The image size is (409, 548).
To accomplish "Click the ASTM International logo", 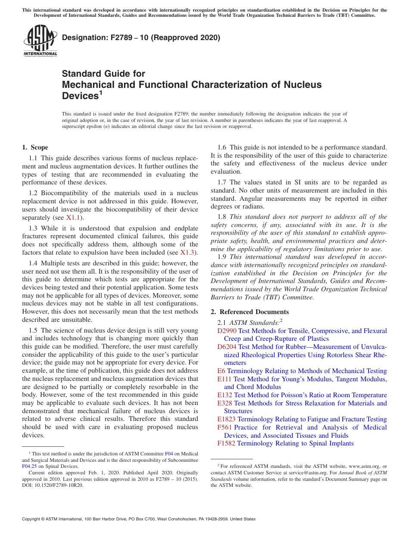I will pyautogui.click(x=40, y=41).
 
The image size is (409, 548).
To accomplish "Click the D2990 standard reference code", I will pyautogui.click(x=227, y=331).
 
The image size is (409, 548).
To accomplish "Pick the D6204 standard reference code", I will pyautogui.click(x=227, y=347).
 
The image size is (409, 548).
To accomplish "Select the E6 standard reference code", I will pyautogui.click(x=221, y=371).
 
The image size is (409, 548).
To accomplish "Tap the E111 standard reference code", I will pyautogui.click(x=224, y=379).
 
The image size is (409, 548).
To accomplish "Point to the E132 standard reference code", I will pyautogui.click(x=225, y=395).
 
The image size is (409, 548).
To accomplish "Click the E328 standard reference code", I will pyautogui.click(x=225, y=403).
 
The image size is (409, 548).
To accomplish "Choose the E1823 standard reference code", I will pyautogui.click(x=226, y=419).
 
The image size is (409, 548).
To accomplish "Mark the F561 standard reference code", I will pyautogui.click(x=225, y=427).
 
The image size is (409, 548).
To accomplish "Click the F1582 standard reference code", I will pyautogui.click(x=226, y=443).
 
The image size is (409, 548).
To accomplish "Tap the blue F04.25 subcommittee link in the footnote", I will pyautogui.click(x=29, y=466).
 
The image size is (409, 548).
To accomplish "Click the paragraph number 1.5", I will pyautogui.click(x=33, y=330).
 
